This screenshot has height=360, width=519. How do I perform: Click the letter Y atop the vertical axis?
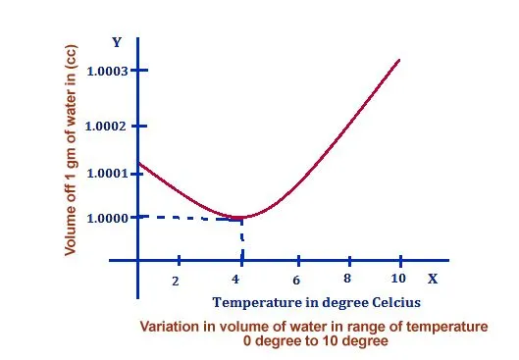(x=116, y=42)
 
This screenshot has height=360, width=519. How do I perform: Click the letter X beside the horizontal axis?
(x=432, y=279)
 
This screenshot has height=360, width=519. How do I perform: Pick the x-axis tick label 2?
(x=177, y=281)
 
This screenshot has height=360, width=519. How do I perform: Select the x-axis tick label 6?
(x=295, y=280)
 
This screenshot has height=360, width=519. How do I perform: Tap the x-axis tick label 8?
(x=347, y=279)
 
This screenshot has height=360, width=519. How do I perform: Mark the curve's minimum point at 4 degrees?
(x=239, y=217)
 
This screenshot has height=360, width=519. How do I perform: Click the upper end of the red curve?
(x=399, y=60)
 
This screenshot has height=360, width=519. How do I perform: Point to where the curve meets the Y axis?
(x=138, y=163)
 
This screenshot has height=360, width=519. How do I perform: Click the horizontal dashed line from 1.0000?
(x=186, y=218)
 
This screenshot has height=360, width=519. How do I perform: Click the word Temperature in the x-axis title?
(x=253, y=302)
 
